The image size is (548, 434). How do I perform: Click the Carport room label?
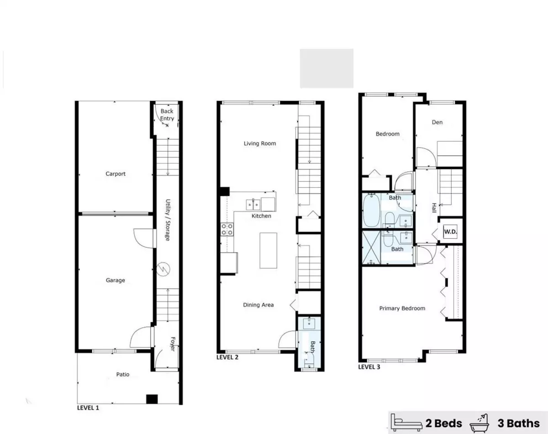pos(116,174)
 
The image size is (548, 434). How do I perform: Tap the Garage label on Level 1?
pos(116,280)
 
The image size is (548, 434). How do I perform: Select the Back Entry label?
pos(167,115)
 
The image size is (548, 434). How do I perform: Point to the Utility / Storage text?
pos(168,220)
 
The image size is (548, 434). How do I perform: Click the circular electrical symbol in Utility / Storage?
pos(163,269)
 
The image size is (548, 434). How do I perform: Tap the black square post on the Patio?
pos(152,399)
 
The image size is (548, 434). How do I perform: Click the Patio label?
pos(123,374)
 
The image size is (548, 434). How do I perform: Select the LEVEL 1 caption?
pos(88,408)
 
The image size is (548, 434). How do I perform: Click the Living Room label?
pos(260,144)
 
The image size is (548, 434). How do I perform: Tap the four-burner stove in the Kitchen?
pos(227,230)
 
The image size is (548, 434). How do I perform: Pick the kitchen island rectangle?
pos(269,251)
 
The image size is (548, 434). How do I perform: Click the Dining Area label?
pos(258,305)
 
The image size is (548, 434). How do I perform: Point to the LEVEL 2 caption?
pos(227,357)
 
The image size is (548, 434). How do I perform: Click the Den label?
pos(437,122)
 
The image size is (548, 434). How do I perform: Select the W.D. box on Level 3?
pos(450,232)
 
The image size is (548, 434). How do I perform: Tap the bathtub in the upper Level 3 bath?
pos(371,210)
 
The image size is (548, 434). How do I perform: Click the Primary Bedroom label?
pos(402,309)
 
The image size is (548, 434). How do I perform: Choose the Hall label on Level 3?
pos(434,208)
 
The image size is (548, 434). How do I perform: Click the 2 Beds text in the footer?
pos(443,424)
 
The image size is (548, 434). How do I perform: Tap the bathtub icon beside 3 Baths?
pos(479,424)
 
